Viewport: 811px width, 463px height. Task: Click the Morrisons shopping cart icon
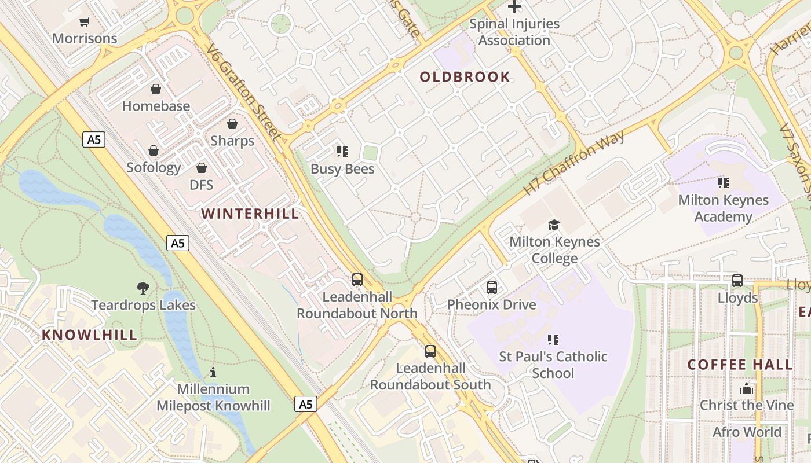pos(85,22)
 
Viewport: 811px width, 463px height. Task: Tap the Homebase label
pos(156,106)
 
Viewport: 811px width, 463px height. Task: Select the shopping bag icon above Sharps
pos(232,124)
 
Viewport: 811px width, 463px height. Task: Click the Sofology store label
pos(154,168)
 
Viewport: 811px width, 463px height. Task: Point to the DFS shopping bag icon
pos(202,168)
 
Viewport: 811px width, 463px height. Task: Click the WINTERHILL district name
pos(250,214)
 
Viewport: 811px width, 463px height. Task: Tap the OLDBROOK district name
pos(465,77)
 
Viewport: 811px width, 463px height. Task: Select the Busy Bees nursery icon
pos(342,152)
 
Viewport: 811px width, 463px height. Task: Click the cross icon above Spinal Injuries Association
pos(514,7)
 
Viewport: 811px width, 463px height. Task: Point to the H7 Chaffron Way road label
pos(574,163)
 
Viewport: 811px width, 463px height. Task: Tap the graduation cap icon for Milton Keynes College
pos(554,225)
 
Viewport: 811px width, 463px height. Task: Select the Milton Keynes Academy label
pos(724,208)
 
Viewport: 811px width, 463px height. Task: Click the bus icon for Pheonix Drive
pos(492,287)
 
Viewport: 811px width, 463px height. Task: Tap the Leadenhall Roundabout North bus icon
pos(357,280)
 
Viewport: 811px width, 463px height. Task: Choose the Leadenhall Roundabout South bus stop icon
pos(430,351)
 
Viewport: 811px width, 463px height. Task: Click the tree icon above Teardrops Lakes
pos(143,288)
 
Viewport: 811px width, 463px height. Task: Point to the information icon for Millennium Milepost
pos(213,372)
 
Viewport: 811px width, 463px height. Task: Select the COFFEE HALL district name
pos(740,365)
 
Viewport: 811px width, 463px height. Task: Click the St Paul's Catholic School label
pos(553,365)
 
